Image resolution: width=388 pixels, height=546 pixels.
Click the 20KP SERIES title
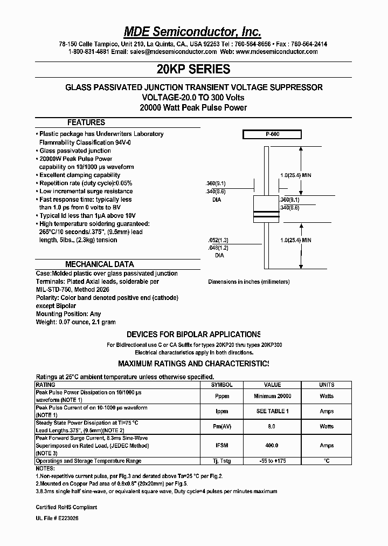[193, 69]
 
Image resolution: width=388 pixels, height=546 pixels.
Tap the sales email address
[173, 52]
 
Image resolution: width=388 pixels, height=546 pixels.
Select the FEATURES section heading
[86, 122]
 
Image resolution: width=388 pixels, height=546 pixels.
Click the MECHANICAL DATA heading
[100, 264]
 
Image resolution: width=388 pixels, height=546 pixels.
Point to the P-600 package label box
[272, 135]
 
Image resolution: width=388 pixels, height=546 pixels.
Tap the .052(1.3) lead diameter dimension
[219, 240]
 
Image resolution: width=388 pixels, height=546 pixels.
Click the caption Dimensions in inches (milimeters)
[248, 282]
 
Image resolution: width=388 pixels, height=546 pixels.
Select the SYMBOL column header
[221, 385]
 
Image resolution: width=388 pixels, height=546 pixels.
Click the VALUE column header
[272, 385]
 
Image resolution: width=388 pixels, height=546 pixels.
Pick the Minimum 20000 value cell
[272, 396]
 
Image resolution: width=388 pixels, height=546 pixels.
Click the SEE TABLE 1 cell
[272, 411]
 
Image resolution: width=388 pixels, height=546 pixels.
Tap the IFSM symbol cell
[221, 446]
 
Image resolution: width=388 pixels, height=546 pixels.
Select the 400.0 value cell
[272, 446]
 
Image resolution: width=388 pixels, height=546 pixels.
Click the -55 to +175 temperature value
[272, 461]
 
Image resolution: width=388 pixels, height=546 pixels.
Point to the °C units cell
[327, 461]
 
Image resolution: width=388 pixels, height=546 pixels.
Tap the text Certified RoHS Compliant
[66, 507]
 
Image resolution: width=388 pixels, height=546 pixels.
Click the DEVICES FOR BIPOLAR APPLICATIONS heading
[193, 335]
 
